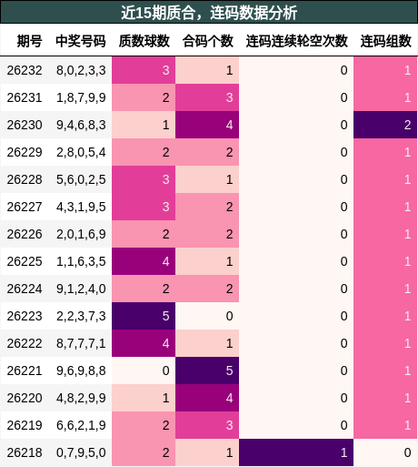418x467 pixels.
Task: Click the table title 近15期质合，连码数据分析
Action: [x=209, y=13]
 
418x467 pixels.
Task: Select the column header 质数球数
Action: [x=144, y=41]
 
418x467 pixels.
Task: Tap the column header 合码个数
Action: [x=208, y=41]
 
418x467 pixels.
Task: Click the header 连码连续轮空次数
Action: [x=296, y=41]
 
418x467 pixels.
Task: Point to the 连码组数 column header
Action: [x=385, y=41]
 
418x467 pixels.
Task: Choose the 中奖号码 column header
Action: [x=81, y=41]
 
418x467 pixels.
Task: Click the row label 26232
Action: [x=25, y=70]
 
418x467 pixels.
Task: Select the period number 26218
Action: [x=25, y=452]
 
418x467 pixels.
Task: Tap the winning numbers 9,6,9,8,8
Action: [x=81, y=371]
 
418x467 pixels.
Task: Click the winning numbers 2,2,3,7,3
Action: [x=81, y=316]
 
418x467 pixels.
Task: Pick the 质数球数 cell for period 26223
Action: [x=144, y=316]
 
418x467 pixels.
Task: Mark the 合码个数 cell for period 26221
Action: [x=207, y=371]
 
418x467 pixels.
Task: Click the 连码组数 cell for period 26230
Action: [x=385, y=125]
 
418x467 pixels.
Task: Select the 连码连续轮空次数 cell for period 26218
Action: [x=296, y=452]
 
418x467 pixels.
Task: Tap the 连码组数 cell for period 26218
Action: [x=385, y=452]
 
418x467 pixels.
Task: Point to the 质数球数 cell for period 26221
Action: [x=144, y=371]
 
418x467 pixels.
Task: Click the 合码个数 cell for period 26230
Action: [x=207, y=125]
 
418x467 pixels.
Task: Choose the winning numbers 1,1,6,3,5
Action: [x=81, y=261]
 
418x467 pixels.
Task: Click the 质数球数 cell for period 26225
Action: [x=144, y=261]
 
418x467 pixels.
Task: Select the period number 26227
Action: [x=25, y=207]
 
